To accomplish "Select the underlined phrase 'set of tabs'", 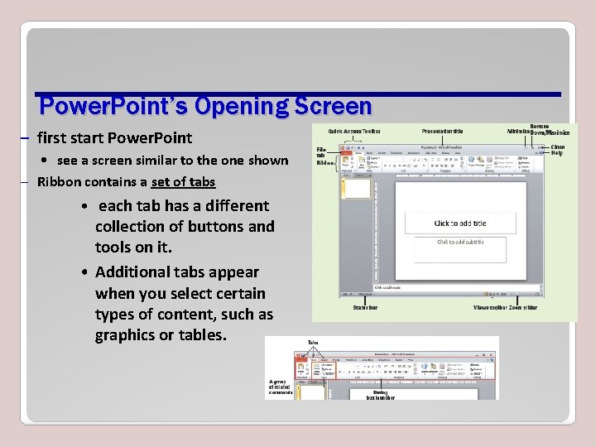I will coord(183,182).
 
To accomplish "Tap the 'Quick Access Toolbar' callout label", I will coord(353,131).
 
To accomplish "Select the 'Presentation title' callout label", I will coord(442,131).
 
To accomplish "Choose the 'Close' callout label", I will coord(558,147).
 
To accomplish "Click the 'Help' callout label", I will coord(557,153).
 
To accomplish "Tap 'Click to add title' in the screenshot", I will coord(459,223).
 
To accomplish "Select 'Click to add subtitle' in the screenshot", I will coord(459,242).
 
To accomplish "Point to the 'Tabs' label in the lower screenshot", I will coord(313,342).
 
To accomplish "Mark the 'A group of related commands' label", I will coord(280,387).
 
